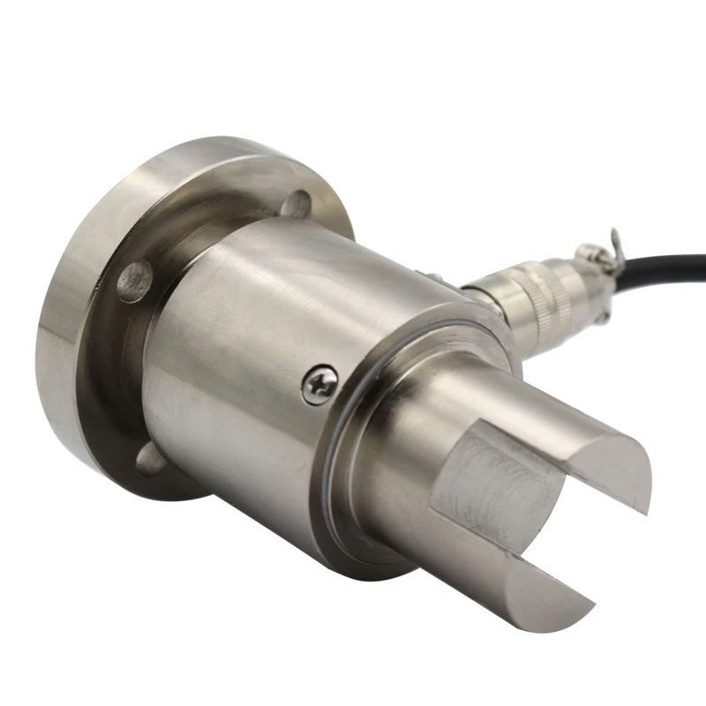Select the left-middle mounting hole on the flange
[134, 282]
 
